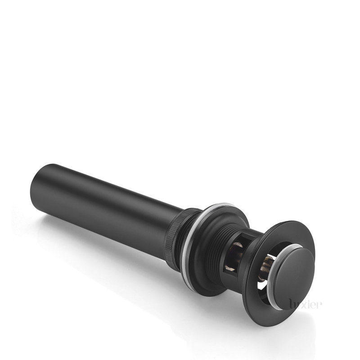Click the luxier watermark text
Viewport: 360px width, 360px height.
306,305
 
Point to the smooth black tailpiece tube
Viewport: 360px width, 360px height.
103,202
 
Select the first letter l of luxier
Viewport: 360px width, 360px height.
291,304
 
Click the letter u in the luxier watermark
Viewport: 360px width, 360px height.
297,305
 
